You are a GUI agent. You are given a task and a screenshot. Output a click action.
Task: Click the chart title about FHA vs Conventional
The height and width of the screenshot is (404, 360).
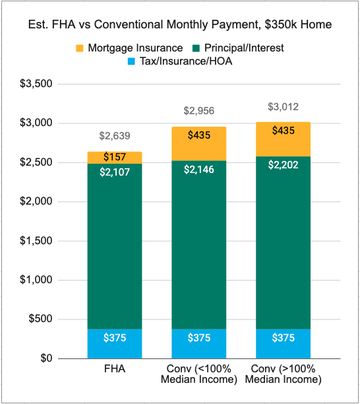tap(180, 25)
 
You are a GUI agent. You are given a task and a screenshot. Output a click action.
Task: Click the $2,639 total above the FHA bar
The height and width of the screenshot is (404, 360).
tap(115, 137)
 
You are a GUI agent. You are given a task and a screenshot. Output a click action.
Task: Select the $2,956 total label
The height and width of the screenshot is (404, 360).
tap(199, 111)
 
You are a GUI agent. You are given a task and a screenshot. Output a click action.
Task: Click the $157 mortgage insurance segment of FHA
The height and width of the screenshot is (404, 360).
tap(115, 157)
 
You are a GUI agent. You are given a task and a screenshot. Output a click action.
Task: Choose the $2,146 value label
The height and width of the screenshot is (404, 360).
tap(199, 170)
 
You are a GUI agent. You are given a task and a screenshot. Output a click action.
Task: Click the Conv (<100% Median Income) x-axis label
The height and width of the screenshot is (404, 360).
tap(199, 375)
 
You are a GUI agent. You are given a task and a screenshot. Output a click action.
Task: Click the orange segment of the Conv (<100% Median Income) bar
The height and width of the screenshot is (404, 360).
tap(199, 143)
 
